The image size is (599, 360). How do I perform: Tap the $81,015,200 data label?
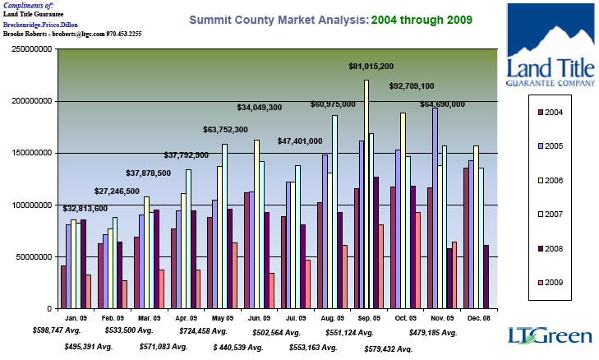coord(371,67)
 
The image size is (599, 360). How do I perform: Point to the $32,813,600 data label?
coord(85,209)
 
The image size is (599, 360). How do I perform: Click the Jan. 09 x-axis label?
coord(76,318)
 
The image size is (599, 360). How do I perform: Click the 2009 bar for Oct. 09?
coord(417,260)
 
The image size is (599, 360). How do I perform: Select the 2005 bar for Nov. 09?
coord(435,209)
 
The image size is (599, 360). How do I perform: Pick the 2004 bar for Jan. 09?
coord(63,287)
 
